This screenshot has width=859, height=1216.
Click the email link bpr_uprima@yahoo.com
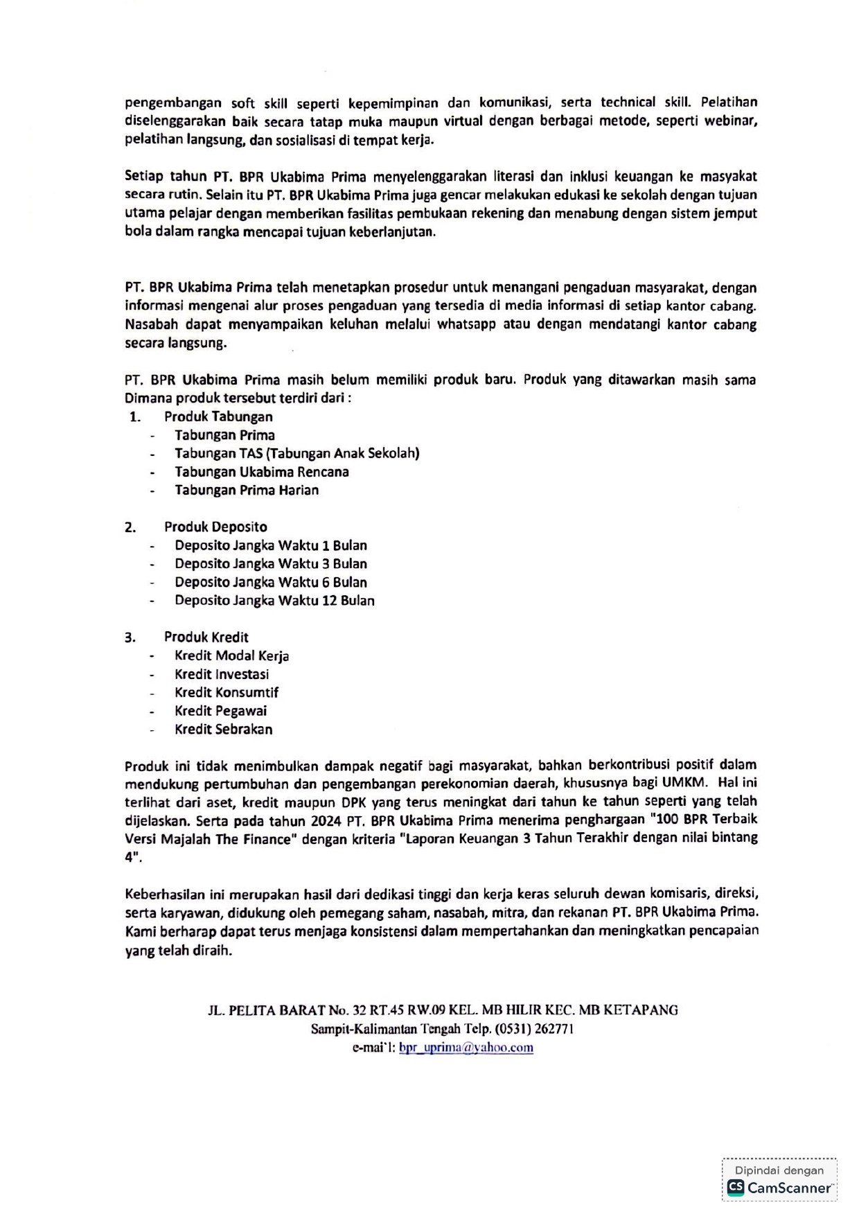coord(466,1047)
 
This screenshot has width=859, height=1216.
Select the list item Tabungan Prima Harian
coord(247,490)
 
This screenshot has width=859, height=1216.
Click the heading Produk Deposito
coord(215,527)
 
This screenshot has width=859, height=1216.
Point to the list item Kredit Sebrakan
coord(223,729)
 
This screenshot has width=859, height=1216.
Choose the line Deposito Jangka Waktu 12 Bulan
coord(274,600)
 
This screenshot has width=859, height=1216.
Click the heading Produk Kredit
coord(206,637)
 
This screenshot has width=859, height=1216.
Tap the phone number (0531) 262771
coord(534,1029)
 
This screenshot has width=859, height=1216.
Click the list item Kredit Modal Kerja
coord(231,655)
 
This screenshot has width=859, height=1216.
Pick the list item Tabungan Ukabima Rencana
coord(261,472)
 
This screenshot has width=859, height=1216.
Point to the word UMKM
coord(684,782)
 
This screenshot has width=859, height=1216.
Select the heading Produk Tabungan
coord(218,416)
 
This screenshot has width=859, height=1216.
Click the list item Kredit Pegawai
coord(220,710)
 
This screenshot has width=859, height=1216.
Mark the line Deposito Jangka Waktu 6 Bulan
coord(271,582)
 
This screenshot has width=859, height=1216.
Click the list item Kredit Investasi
coord(222,673)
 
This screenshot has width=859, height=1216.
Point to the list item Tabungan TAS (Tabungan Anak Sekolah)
coord(296,453)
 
